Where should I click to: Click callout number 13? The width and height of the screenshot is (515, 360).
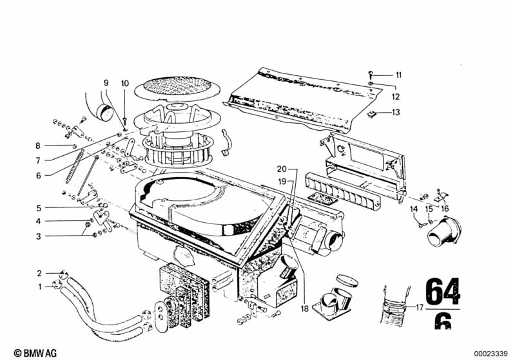click(396, 112)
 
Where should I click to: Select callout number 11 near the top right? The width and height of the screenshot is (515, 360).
click(398, 75)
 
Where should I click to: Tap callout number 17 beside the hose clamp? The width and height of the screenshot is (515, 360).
click(420, 308)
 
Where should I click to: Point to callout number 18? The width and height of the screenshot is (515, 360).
click(305, 309)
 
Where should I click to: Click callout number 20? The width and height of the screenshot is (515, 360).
click(282, 169)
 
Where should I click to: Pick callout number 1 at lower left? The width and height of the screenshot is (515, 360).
click(40, 287)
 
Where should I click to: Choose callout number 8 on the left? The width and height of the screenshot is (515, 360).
click(38, 146)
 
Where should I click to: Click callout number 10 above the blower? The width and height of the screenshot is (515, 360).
click(125, 83)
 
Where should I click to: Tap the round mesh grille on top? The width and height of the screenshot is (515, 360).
click(177, 87)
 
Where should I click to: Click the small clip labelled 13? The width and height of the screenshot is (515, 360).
click(371, 115)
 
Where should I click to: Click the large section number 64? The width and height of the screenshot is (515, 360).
click(442, 291)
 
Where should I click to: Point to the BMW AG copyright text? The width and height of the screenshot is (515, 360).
click(35, 353)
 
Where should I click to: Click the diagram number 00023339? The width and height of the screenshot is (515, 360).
click(491, 354)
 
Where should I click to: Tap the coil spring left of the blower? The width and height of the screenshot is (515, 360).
click(75, 166)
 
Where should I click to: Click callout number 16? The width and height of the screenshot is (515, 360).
click(445, 209)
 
